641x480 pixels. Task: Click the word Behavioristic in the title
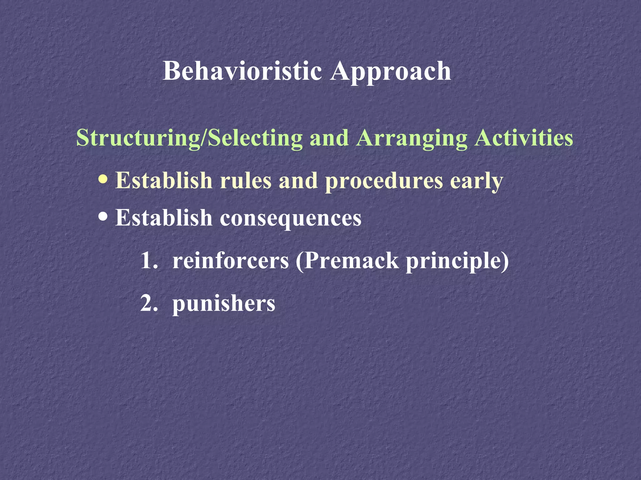pyautogui.click(x=242, y=71)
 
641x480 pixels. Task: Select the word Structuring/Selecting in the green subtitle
pyautogui.click(x=189, y=138)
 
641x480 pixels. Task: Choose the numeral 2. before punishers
pyautogui.click(x=149, y=303)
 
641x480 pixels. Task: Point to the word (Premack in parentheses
pyautogui.click(x=347, y=261)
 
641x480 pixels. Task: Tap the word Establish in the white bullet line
pyautogui.click(x=164, y=217)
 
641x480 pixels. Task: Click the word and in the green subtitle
pyautogui.click(x=329, y=138)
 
